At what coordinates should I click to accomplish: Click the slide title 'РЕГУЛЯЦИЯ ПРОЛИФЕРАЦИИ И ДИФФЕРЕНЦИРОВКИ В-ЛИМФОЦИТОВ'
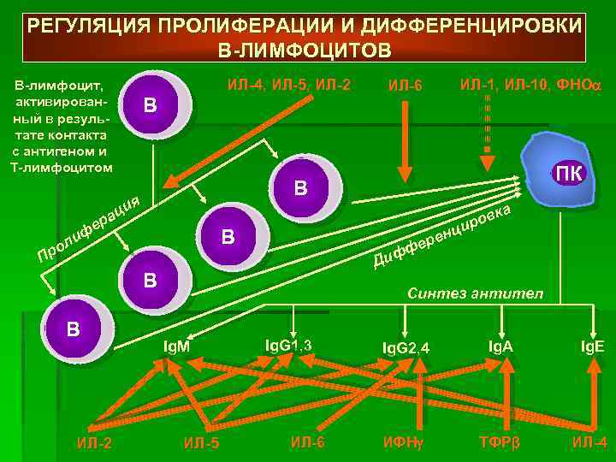[307, 36]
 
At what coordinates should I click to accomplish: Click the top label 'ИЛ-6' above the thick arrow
[405, 86]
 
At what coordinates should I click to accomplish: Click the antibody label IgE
[594, 346]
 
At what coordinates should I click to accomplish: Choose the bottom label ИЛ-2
[94, 442]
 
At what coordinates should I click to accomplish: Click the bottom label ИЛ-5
[202, 442]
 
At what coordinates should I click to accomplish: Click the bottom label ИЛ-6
[307, 442]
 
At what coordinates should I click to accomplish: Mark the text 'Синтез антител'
[475, 293]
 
